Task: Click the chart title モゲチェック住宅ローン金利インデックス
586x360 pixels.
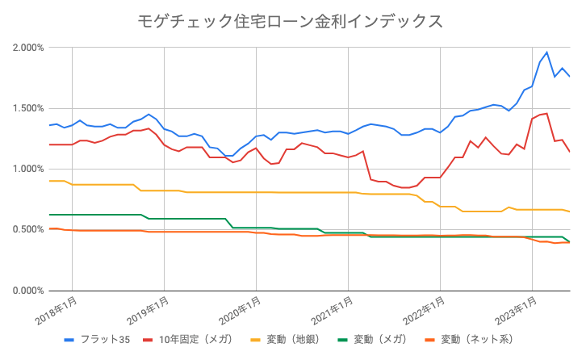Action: pos(292,21)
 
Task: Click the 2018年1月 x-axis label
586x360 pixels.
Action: pos(58,310)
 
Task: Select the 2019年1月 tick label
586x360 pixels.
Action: pos(150,310)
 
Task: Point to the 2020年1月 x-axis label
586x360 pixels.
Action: pos(242,310)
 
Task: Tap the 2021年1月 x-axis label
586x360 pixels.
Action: pos(334,310)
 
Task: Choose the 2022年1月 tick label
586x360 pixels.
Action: pos(426,310)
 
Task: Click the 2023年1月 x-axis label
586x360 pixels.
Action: pos(518,310)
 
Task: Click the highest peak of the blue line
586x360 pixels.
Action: pos(547,52)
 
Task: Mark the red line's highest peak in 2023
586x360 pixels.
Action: pos(547,113)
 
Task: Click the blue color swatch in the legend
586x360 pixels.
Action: pos(69,339)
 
